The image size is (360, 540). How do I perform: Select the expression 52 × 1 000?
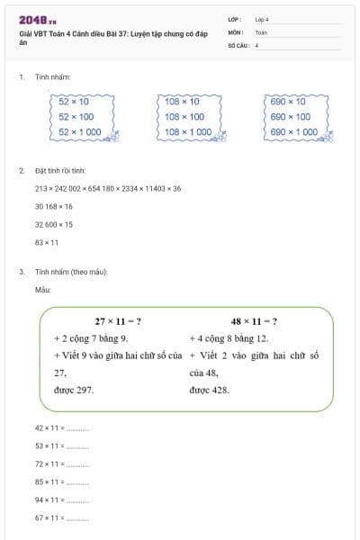pyautogui.click(x=78, y=131)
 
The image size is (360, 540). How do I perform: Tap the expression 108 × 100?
pyautogui.click(x=184, y=116)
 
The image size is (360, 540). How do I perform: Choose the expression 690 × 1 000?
pyautogui.click(x=293, y=131)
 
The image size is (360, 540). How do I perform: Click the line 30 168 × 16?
pyautogui.click(x=54, y=206)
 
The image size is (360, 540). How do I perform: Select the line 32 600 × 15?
pyautogui.click(x=54, y=224)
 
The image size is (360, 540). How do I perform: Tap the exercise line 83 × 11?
pyautogui.click(x=47, y=242)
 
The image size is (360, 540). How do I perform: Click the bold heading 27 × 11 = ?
pyautogui.click(x=118, y=321)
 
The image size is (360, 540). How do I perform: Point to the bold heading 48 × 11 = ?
pyautogui.click(x=254, y=321)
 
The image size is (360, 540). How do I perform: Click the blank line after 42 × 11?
pyautogui.click(x=78, y=429)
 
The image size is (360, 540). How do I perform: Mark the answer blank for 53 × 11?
pyautogui.click(x=78, y=446)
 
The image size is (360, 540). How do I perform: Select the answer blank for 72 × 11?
pyautogui.click(x=78, y=464)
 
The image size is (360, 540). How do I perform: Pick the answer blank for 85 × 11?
pyautogui.click(x=78, y=482)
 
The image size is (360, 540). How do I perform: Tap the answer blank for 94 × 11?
pyautogui.click(x=78, y=500)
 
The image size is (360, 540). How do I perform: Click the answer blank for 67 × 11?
pyautogui.click(x=78, y=518)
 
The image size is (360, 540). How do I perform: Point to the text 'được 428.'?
pyautogui.click(x=210, y=390)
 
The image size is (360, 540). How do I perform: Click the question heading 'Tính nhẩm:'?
pyautogui.click(x=53, y=78)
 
